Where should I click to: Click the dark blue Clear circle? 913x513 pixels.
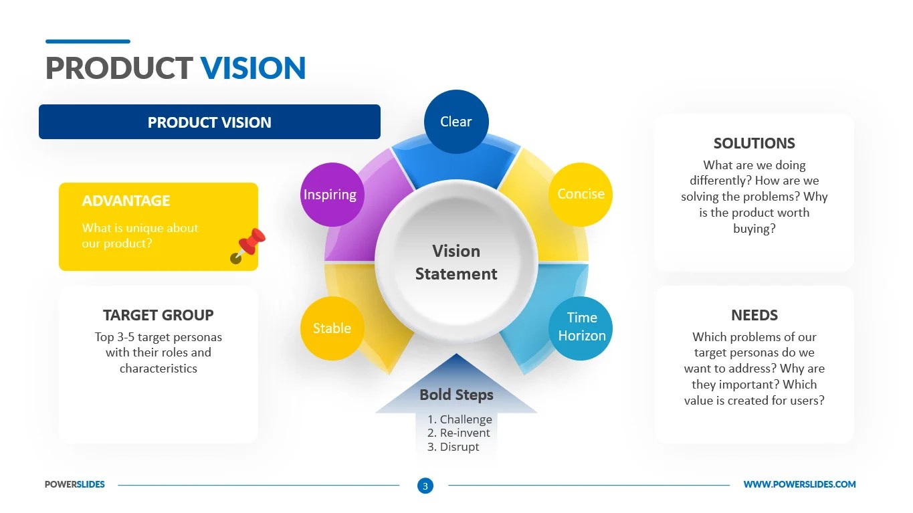click(x=456, y=122)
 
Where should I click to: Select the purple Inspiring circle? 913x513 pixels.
click(x=330, y=195)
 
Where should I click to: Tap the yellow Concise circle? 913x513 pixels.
click(x=581, y=194)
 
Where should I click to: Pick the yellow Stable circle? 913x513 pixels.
click(x=332, y=328)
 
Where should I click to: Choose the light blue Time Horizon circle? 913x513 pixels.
click(x=582, y=327)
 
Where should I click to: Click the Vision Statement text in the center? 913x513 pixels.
click(x=456, y=262)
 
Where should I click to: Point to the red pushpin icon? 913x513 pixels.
click(x=248, y=245)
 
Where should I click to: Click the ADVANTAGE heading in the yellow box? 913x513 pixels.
click(x=126, y=201)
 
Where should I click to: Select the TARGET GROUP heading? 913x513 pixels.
click(x=159, y=315)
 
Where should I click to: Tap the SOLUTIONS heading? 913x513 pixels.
click(x=754, y=143)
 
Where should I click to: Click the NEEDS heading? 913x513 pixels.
click(x=754, y=315)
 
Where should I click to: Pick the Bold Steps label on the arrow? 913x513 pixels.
click(x=456, y=395)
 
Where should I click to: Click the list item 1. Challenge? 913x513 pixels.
click(x=460, y=419)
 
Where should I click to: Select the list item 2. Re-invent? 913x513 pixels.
click(x=459, y=433)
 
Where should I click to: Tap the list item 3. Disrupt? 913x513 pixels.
click(x=453, y=447)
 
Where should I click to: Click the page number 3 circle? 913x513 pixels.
click(x=425, y=486)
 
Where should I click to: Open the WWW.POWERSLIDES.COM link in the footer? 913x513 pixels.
click(x=799, y=484)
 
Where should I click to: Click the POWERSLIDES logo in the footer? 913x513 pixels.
click(x=75, y=484)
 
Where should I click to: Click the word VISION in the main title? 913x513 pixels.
click(x=253, y=68)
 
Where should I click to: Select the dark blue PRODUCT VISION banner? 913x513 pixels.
click(x=209, y=122)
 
